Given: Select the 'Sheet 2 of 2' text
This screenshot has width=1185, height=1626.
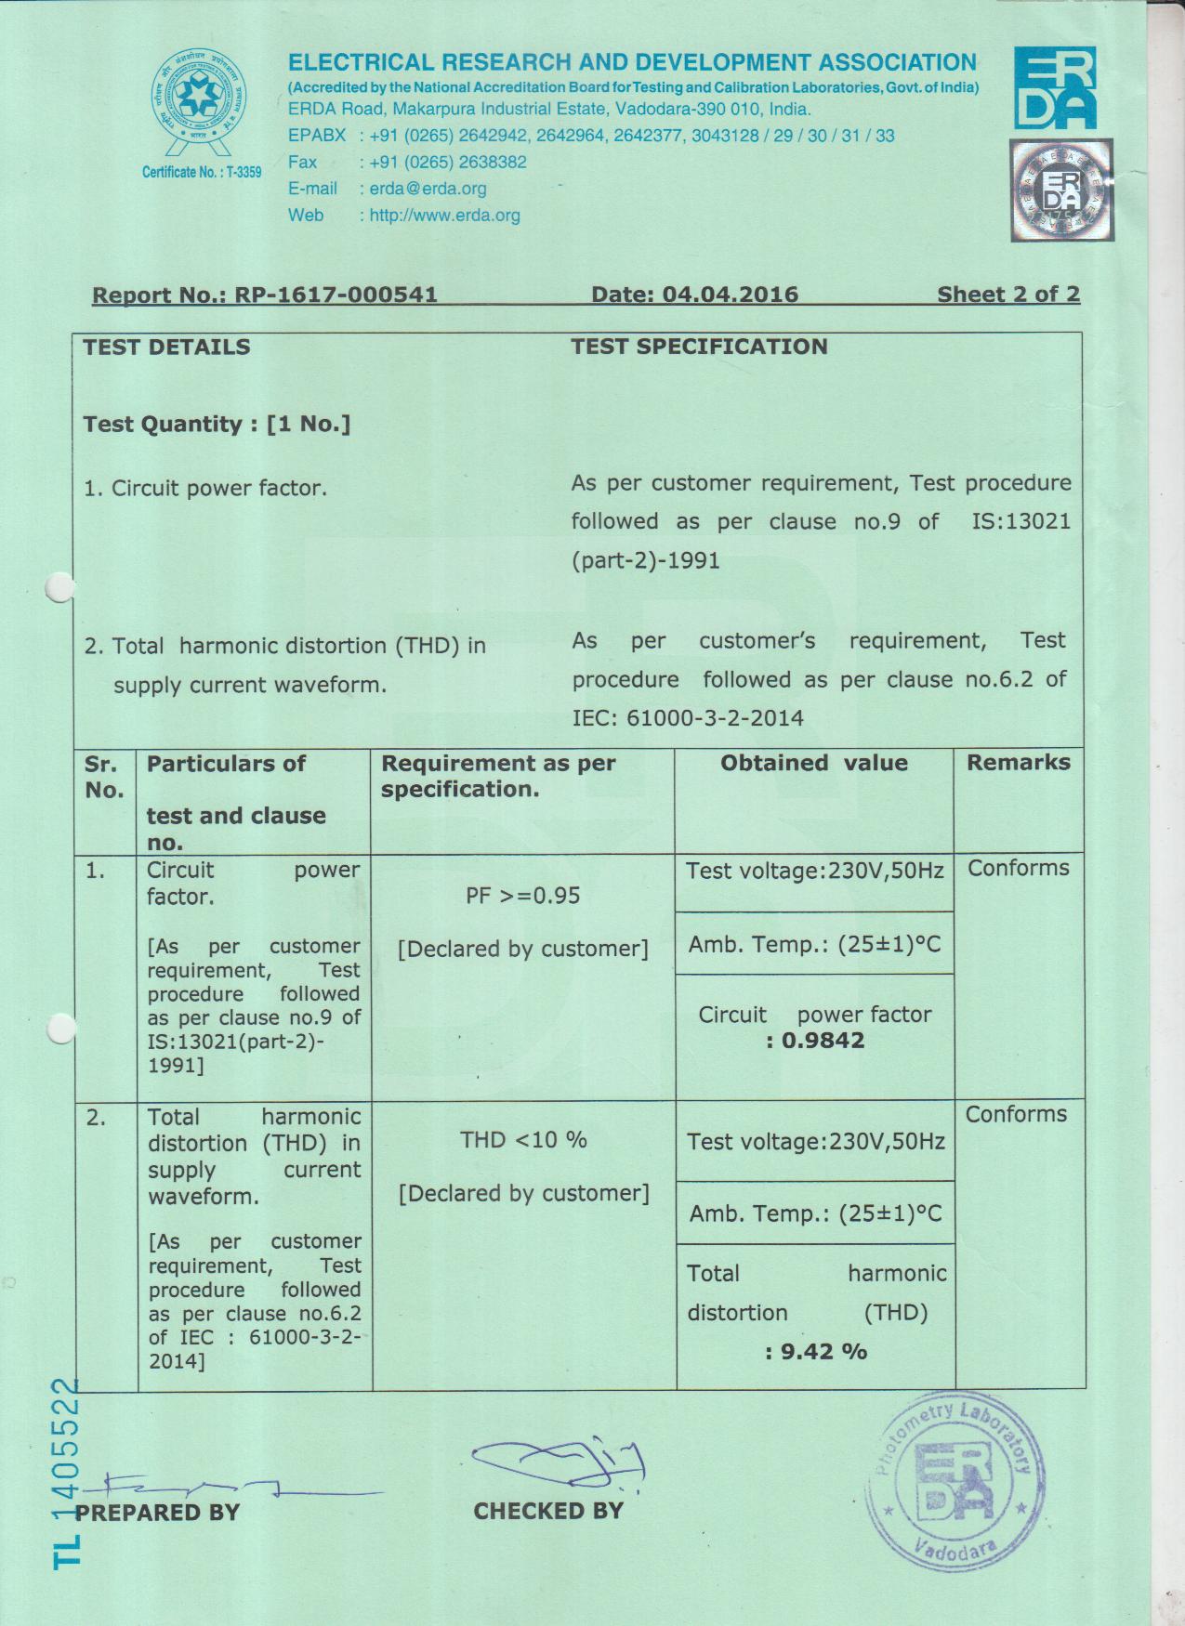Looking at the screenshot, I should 1007,295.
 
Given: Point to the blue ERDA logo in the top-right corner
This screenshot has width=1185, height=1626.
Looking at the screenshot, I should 1055,88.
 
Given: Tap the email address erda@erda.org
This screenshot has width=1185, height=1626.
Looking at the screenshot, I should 428,189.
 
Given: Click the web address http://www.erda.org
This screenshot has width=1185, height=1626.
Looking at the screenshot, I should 444,216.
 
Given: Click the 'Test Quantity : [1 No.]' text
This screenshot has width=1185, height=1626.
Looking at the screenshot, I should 217,425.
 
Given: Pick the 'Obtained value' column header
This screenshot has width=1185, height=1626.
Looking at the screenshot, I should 813,763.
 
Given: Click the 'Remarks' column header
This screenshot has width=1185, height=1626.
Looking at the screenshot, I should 1018,763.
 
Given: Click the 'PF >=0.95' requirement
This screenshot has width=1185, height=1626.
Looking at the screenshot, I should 522,896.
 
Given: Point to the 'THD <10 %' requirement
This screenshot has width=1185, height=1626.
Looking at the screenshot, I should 523,1140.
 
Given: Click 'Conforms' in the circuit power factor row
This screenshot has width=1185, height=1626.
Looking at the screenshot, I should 1018,869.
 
